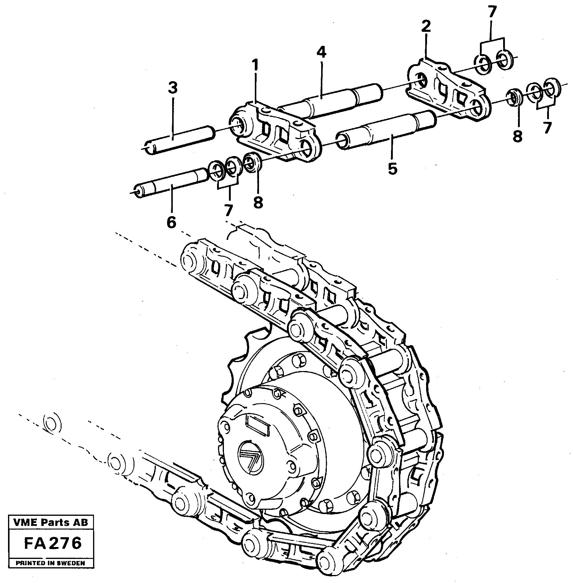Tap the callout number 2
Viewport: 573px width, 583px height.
coord(426,26)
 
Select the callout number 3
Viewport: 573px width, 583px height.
coord(172,87)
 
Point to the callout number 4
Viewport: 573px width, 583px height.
coord(321,52)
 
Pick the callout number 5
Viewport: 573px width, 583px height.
coord(393,169)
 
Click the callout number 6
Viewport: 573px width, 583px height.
coord(171,223)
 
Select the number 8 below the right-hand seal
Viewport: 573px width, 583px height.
coord(517,136)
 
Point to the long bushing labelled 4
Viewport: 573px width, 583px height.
coord(331,101)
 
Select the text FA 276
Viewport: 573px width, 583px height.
coord(53,543)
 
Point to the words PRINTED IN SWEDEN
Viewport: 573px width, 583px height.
coord(51,563)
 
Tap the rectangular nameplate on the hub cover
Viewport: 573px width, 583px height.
coord(257,425)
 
